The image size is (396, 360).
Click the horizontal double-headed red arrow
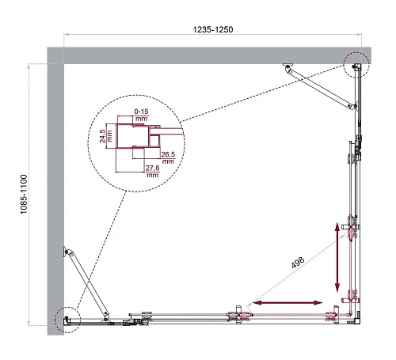(x=287, y=302)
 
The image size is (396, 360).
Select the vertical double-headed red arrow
(x=338, y=257)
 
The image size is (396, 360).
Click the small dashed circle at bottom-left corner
(x=66, y=318)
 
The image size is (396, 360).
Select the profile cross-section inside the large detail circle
(x=135, y=142)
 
